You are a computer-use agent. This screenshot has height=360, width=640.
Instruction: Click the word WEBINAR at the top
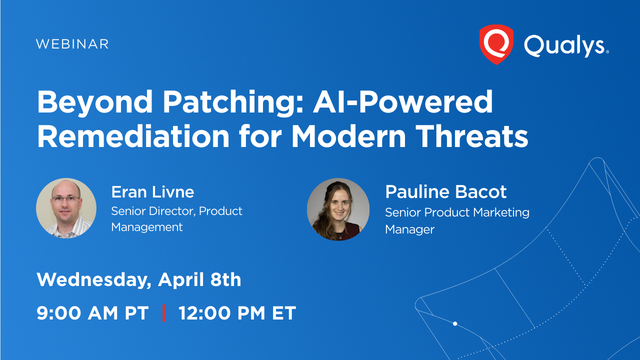[72, 44]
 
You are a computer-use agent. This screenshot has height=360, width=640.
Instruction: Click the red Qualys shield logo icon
[496, 43]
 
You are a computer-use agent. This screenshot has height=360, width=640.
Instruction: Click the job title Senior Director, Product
[176, 211]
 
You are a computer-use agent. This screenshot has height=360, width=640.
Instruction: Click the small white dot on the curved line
[455, 324]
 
